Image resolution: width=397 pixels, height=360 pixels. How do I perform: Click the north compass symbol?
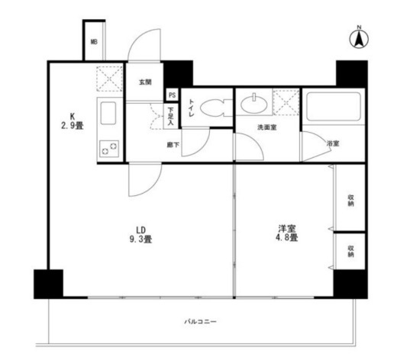(359, 37)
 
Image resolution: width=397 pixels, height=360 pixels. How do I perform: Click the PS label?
(173, 95)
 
